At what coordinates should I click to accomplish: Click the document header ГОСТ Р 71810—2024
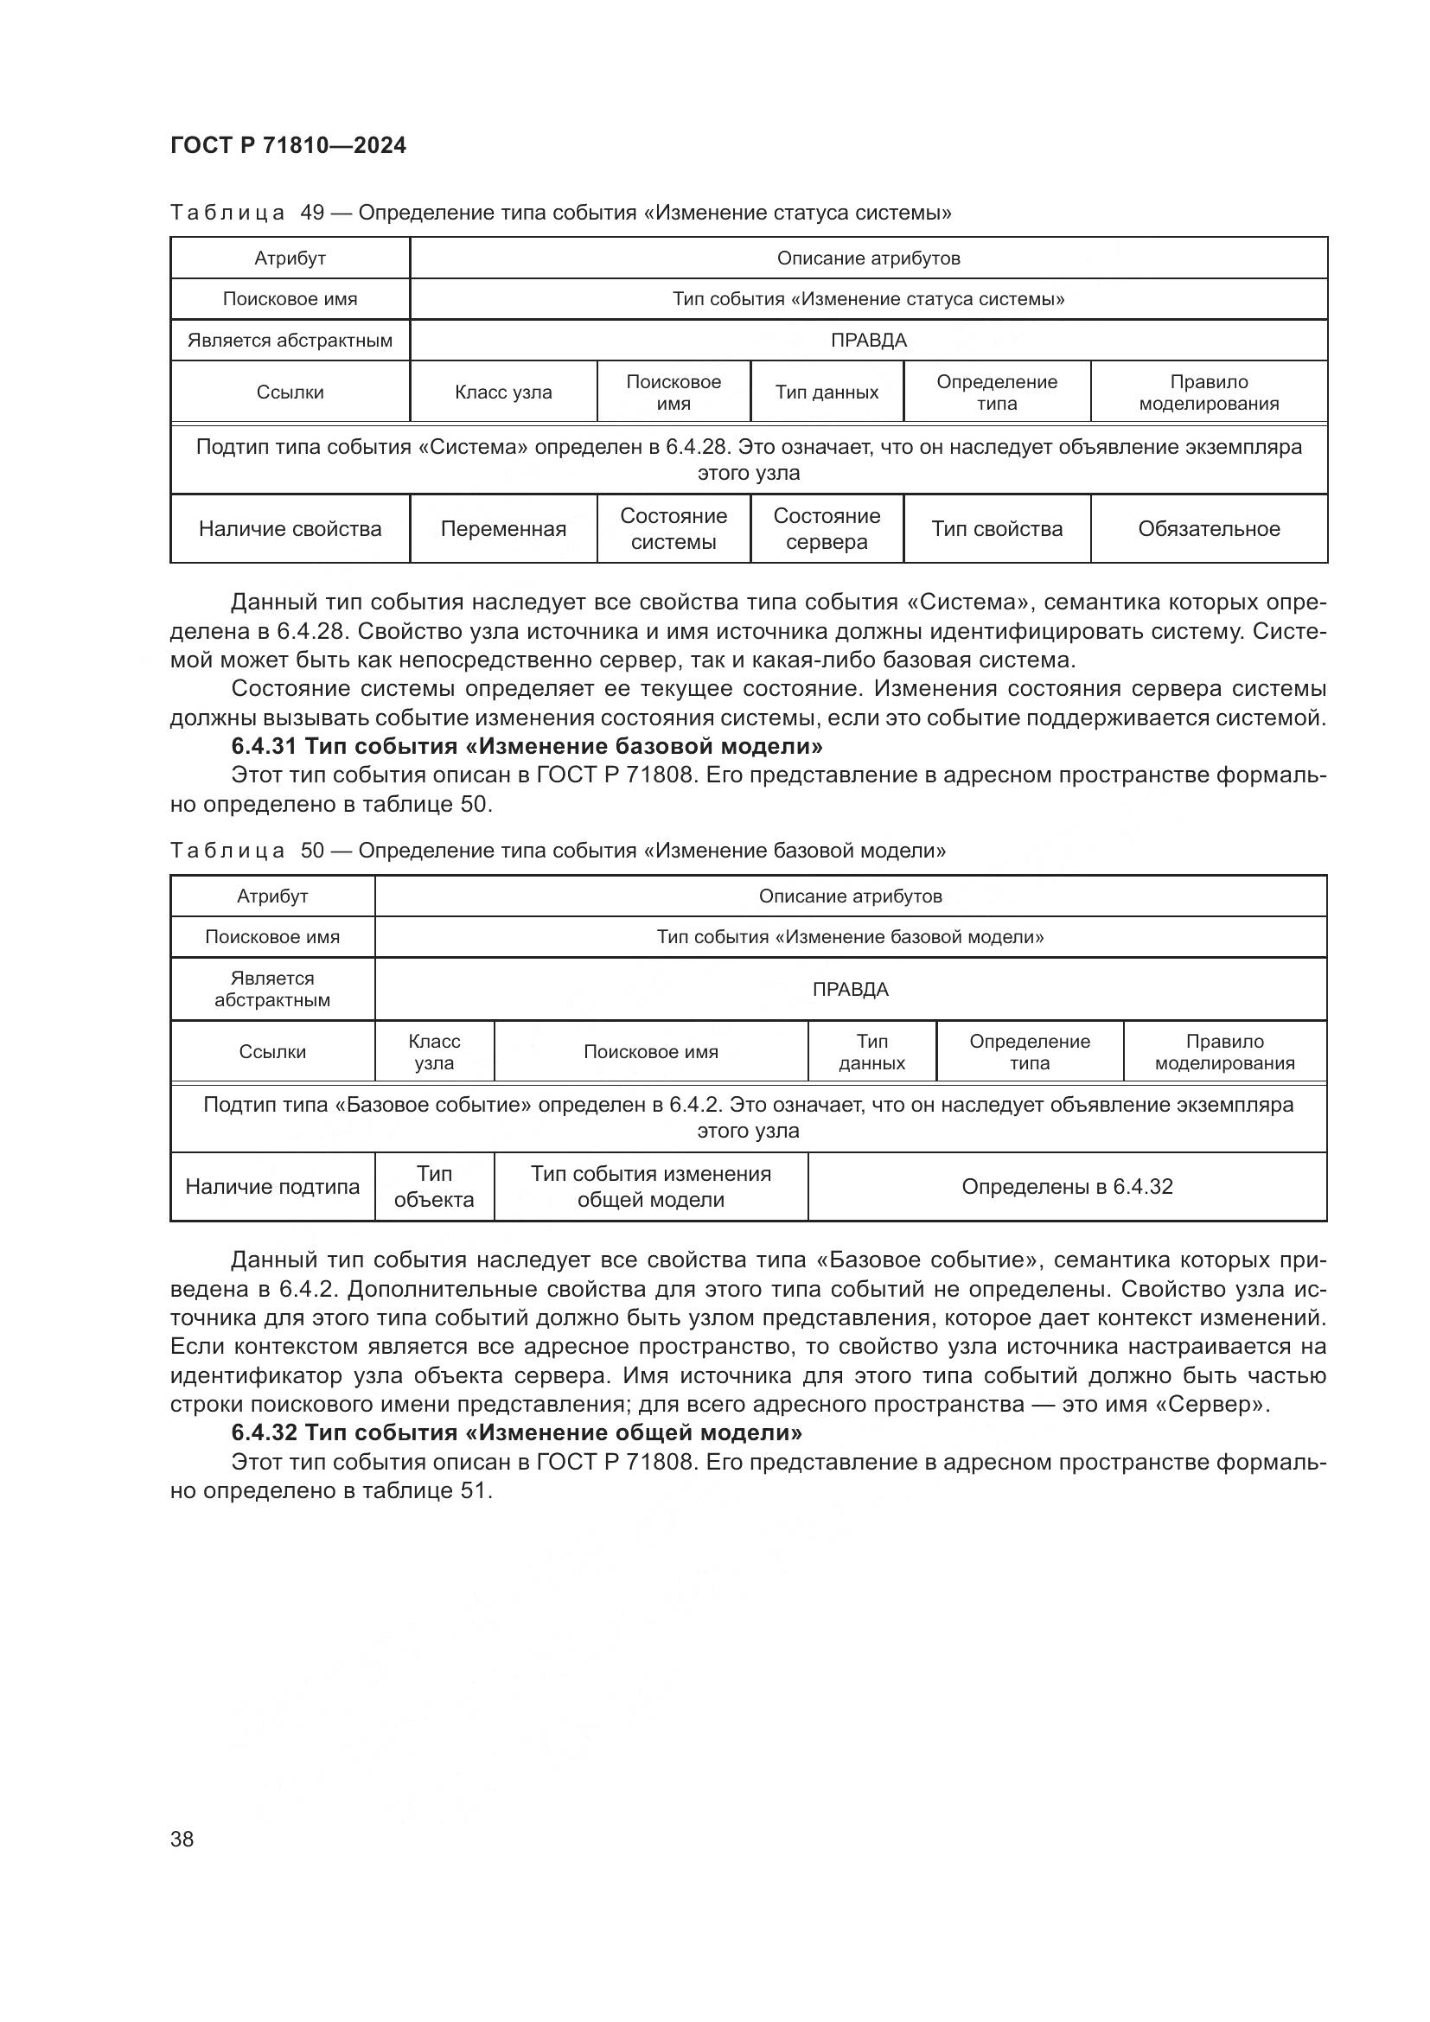pos(288,146)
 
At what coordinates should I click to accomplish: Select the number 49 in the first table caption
pos(313,213)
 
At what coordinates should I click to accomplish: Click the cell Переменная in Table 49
pos(503,528)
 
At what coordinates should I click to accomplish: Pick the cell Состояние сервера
pos(826,528)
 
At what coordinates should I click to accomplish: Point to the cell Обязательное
pos(1208,528)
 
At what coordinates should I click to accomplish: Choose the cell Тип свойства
pos(997,528)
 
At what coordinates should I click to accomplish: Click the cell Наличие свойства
pos(290,528)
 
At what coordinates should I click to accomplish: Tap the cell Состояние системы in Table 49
pos(674,528)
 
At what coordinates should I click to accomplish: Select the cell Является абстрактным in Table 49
pos(290,340)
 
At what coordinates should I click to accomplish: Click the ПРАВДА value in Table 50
pos(850,989)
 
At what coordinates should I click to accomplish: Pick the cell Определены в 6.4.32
pos(1066,1186)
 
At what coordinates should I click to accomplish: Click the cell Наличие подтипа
pos(272,1186)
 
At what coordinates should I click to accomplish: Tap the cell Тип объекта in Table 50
pos(434,1186)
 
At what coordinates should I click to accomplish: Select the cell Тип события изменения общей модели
pos(651,1186)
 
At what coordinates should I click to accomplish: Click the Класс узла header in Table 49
pos(503,392)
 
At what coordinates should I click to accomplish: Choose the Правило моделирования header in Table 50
pos(1224,1051)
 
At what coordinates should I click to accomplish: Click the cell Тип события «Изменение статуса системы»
pos(868,298)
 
